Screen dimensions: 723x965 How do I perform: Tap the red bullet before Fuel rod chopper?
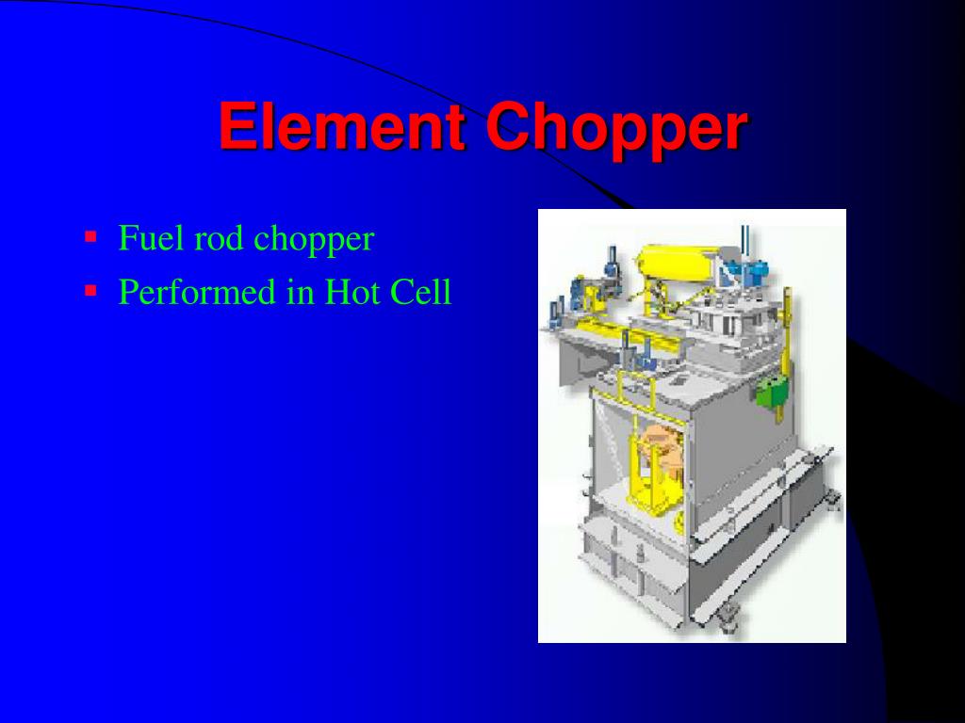(x=90, y=235)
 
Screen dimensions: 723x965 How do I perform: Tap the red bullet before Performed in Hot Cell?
(x=90, y=290)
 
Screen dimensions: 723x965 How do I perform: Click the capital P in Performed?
(x=128, y=293)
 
